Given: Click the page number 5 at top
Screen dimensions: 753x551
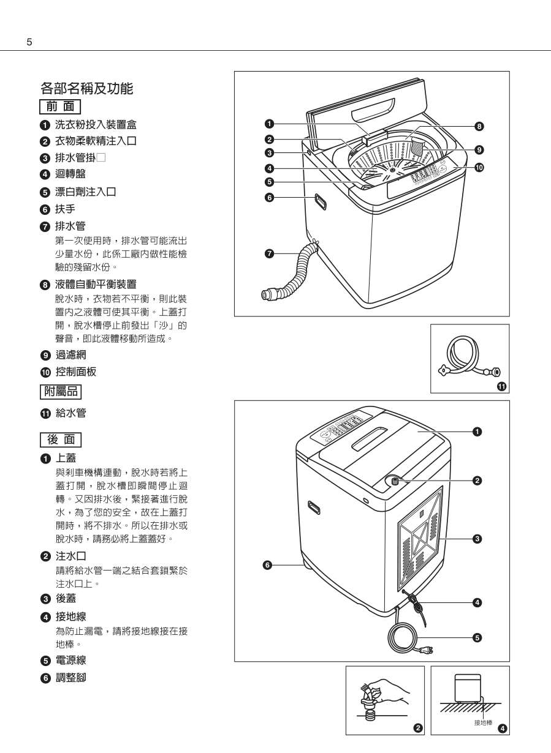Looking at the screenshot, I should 29,42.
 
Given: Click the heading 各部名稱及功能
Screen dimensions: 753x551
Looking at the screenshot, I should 86,88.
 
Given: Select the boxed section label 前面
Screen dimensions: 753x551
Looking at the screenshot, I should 59,107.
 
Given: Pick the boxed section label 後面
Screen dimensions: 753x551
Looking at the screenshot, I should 59,439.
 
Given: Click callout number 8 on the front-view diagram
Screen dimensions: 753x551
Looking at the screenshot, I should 479,127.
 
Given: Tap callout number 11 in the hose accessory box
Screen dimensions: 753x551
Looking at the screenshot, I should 501,386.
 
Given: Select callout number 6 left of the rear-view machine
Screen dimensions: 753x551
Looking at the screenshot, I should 267,564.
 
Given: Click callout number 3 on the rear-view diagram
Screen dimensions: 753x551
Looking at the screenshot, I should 477,539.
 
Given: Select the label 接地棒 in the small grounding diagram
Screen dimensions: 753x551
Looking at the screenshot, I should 483,722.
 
